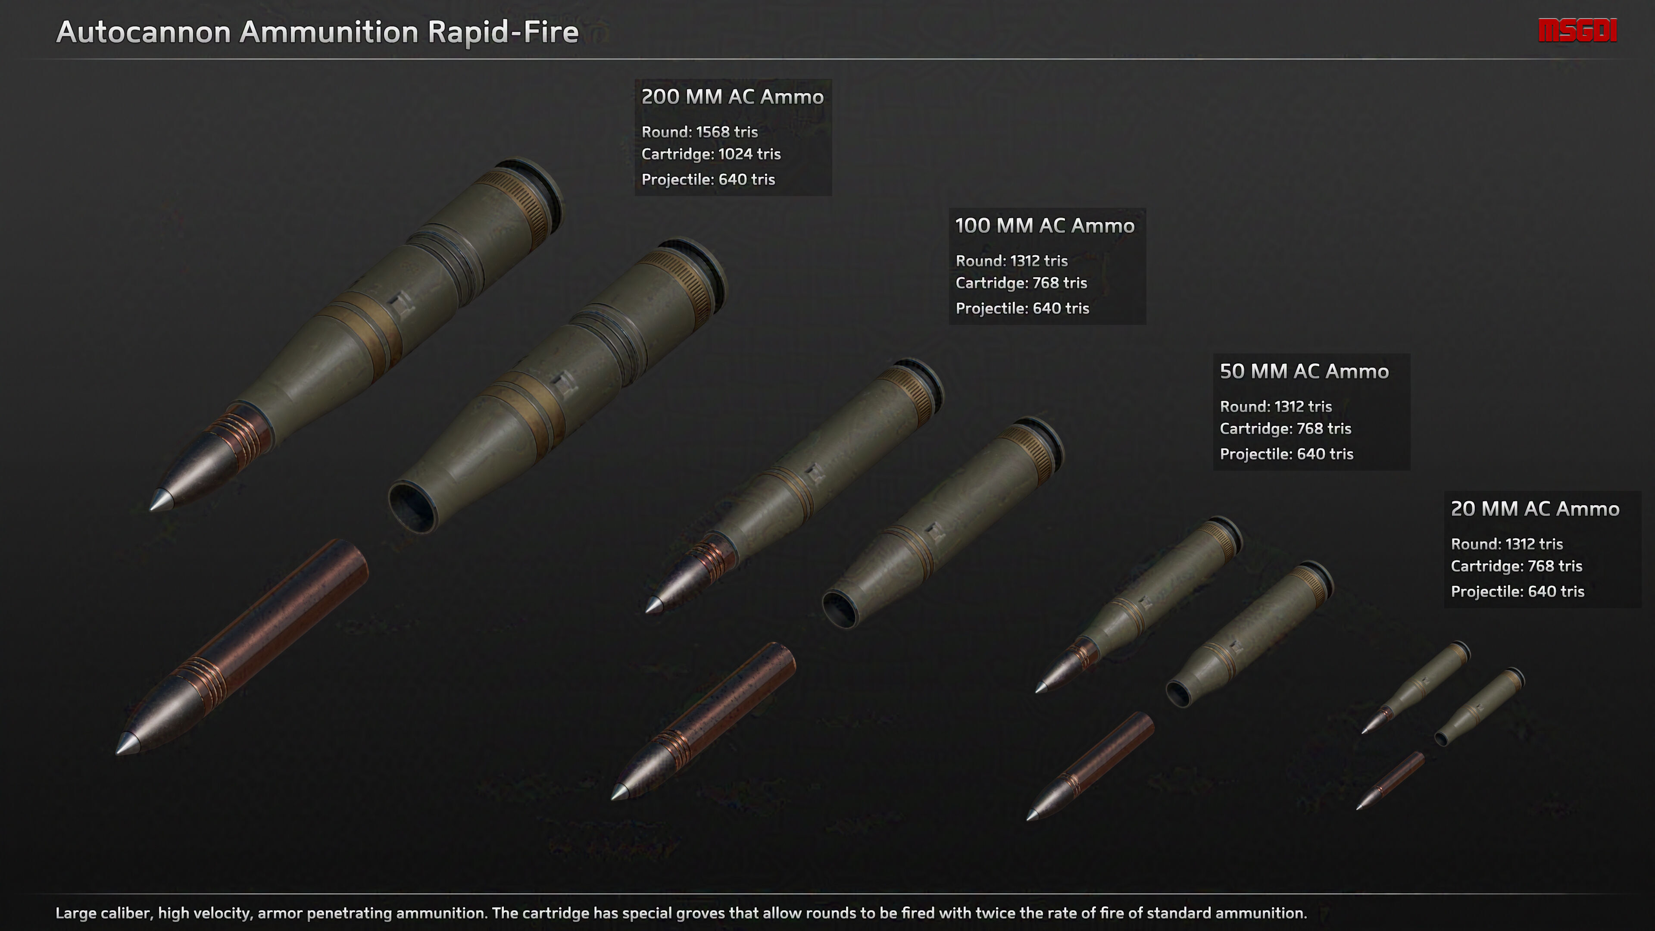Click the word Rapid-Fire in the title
coord(503,32)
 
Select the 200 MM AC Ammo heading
coord(732,97)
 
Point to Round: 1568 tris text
coord(699,132)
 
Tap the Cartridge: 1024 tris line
coord(711,154)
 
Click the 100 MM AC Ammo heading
coord(1045,226)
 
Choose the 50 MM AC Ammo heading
coord(1304,372)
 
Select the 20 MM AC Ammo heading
coord(1535,509)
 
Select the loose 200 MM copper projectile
coord(242,646)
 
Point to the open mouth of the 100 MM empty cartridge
coord(840,609)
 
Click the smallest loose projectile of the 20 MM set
coord(1390,781)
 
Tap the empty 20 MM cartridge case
coord(1480,707)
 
